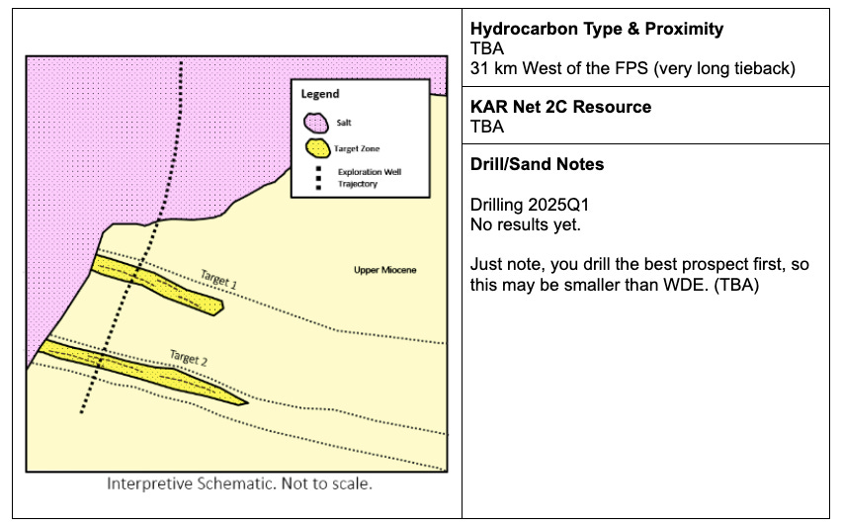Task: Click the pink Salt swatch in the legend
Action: coord(316,123)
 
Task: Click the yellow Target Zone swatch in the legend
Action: coord(316,148)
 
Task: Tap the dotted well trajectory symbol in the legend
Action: coord(316,177)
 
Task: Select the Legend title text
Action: coord(320,94)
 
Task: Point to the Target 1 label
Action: coord(219,281)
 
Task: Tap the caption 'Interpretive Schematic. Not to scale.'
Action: coord(239,485)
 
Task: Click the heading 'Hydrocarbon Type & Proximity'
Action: coord(596,30)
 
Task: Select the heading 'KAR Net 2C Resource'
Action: coord(560,107)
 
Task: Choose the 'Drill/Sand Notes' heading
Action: coord(538,164)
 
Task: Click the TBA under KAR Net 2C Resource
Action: coord(487,126)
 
